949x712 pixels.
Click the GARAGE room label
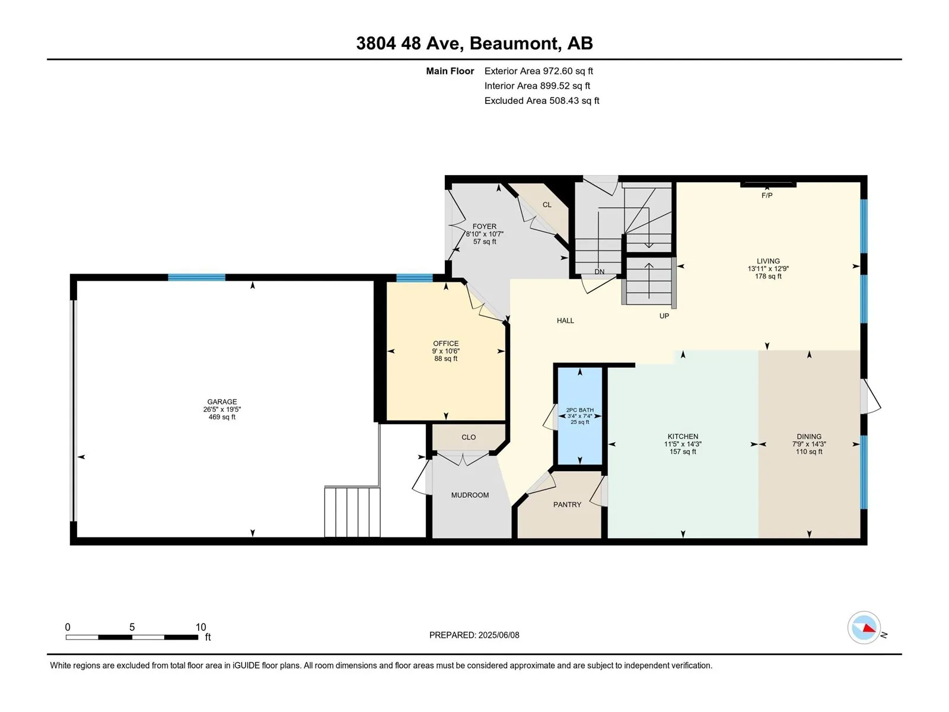222,402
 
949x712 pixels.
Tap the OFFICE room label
446,344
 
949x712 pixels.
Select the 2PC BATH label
579,410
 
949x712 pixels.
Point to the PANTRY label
567,504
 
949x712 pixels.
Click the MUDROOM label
470,495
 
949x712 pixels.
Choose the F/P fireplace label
767,195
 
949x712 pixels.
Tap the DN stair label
599,272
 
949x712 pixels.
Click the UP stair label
664,316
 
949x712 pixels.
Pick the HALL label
565,320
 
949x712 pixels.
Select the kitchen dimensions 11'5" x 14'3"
683,444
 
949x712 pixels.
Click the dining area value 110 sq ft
809,452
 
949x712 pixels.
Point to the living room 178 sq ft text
768,276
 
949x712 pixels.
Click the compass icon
864,627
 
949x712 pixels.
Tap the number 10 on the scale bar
200,627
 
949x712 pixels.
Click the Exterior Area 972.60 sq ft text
539,71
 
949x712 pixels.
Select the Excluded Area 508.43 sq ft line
542,101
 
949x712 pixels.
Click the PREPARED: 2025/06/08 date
474,635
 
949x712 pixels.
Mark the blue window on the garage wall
197,278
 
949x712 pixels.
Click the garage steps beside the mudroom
352,512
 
